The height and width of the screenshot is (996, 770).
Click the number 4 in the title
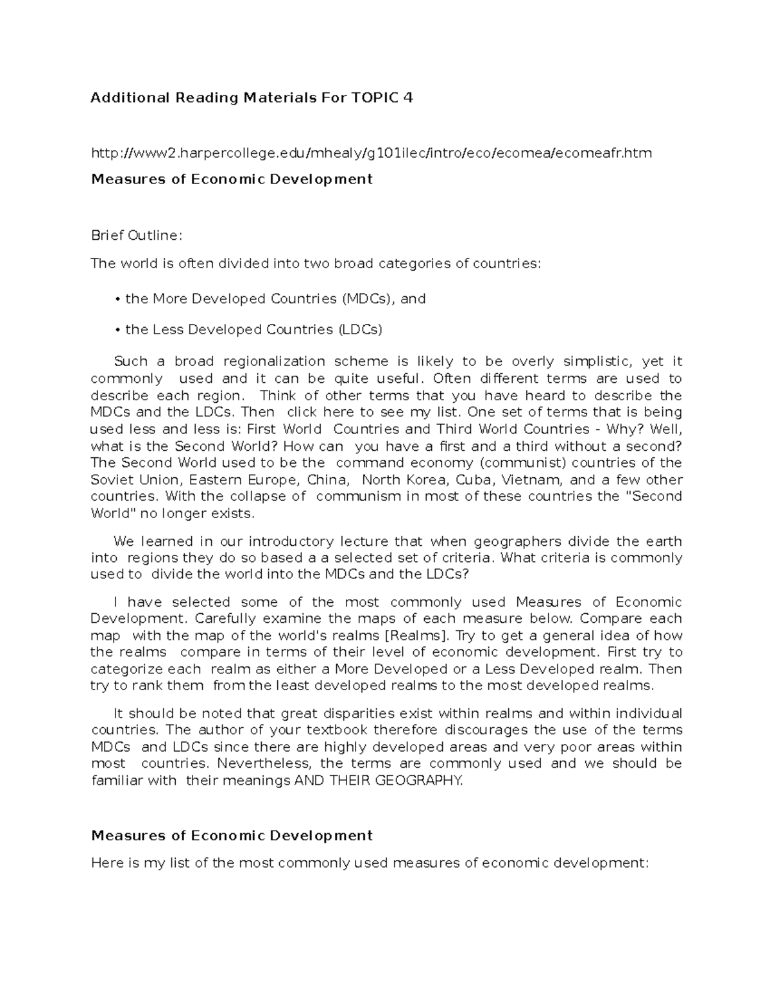pyautogui.click(x=407, y=98)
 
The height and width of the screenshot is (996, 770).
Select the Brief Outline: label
pyautogui.click(x=137, y=236)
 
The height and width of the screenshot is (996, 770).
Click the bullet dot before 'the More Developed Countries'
pyautogui.click(x=117, y=300)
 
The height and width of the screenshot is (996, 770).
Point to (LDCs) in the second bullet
pyautogui.click(x=360, y=330)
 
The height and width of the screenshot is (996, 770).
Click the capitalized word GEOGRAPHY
pyautogui.click(x=418, y=781)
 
